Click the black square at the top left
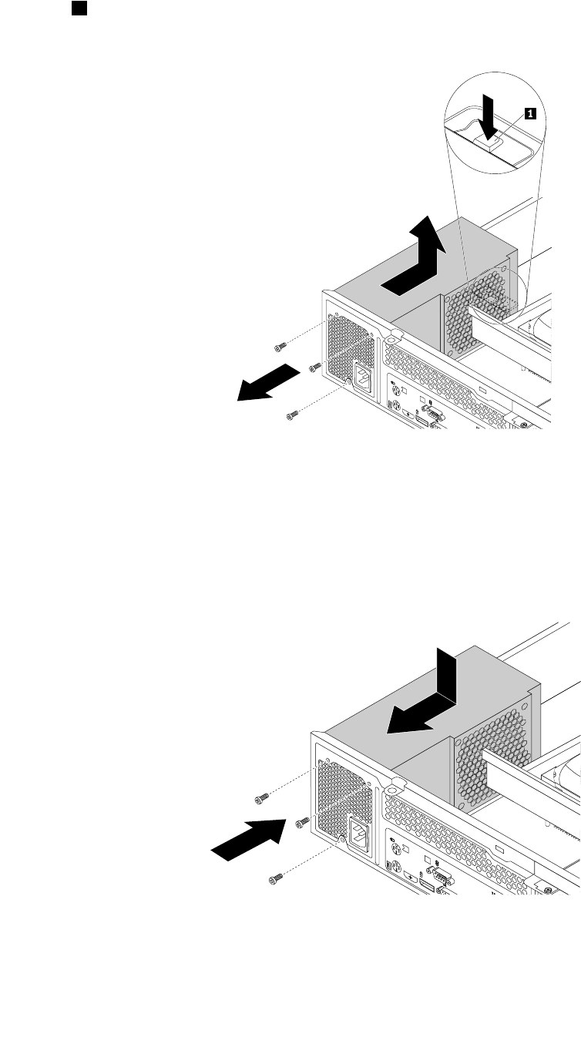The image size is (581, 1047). (79, 8)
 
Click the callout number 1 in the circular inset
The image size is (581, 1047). (529, 113)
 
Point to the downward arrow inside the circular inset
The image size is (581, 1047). (488, 116)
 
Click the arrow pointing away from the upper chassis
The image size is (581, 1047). (267, 383)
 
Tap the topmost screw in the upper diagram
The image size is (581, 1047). (280, 346)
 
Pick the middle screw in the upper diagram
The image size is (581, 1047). (314, 367)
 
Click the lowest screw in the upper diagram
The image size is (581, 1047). (292, 415)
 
